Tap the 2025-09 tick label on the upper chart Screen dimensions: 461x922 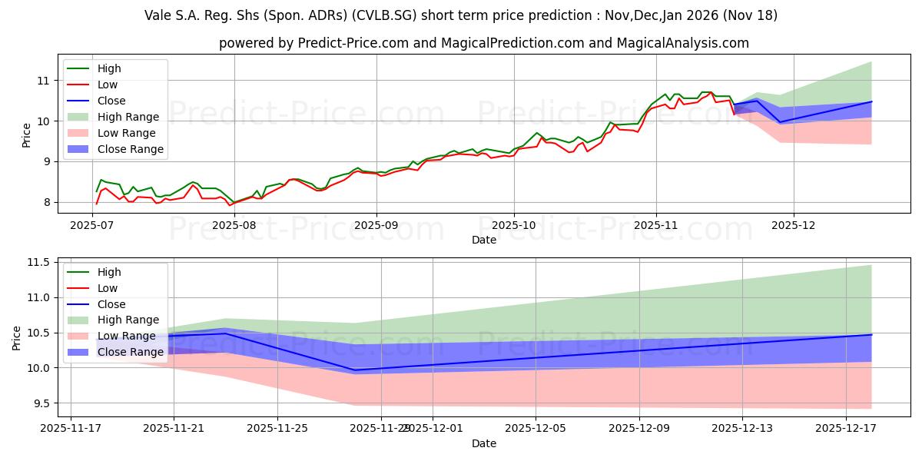click(376, 225)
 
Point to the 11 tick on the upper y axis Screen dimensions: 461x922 click(42, 81)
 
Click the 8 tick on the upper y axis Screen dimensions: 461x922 click(45, 202)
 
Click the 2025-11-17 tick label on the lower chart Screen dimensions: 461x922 click(71, 429)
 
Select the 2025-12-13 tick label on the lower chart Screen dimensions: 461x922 click(742, 429)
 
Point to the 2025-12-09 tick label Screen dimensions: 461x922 click(639, 429)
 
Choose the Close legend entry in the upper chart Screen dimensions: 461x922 click(111, 101)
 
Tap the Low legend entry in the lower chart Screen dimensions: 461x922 click(108, 288)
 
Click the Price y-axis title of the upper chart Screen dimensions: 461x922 click(27, 135)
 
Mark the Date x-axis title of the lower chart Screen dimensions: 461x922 click(484, 443)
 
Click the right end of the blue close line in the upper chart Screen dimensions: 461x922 click(871, 101)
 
